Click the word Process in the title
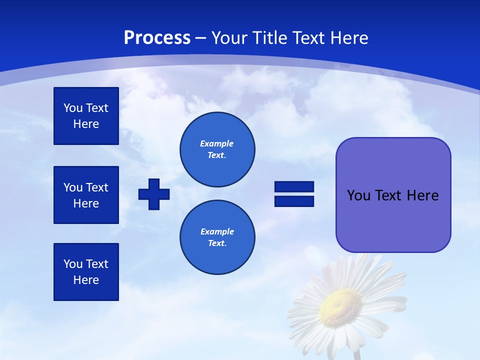[157, 38]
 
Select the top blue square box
[86, 116]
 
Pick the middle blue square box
[86, 195]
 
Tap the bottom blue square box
[86, 272]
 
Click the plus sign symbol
[154, 194]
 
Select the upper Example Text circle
[217, 149]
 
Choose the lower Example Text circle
[217, 237]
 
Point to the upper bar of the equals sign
[294, 187]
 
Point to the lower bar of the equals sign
[294, 201]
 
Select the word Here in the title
[348, 38]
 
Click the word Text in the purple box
[389, 195]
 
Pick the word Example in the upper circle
[217, 143]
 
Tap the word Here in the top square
[86, 124]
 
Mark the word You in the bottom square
[73, 264]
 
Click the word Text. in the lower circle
[217, 243]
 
